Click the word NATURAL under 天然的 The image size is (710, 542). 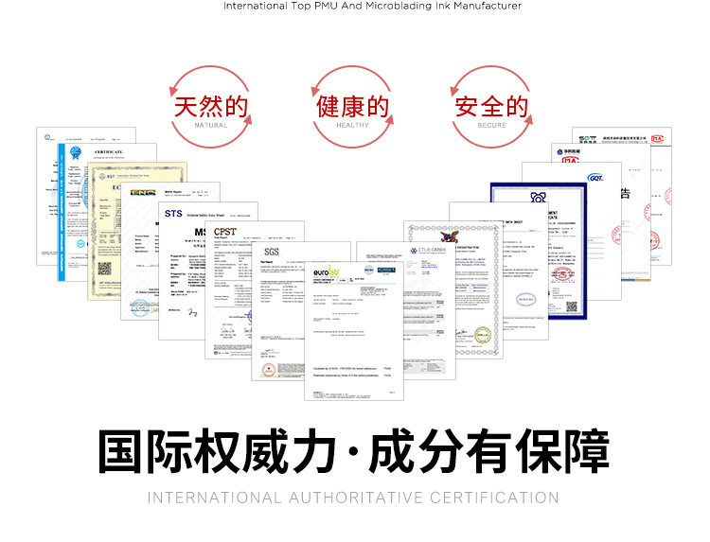210,125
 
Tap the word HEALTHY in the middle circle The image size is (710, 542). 352,125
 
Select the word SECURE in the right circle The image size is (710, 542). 492,125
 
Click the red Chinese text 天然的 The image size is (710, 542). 210,105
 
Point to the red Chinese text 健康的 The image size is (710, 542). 352,105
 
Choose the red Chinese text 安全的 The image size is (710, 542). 492,105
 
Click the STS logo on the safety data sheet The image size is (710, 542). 173,214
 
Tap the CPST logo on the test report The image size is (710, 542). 226,231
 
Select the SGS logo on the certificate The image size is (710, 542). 273,252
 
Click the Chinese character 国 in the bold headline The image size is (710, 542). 124,453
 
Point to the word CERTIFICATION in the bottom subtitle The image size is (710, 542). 494,498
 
